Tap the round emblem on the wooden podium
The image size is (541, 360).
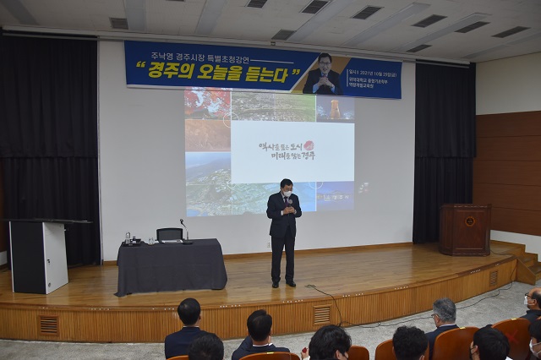469,221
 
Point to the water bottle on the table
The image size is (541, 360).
128,238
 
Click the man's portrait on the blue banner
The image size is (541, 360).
324,75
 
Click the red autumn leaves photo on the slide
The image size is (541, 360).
206,103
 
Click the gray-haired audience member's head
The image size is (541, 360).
444,310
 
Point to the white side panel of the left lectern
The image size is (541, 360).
55,257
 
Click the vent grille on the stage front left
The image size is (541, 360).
49,325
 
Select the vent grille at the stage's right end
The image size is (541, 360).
494,277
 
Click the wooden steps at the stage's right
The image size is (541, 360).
525,263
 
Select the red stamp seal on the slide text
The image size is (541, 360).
308,146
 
